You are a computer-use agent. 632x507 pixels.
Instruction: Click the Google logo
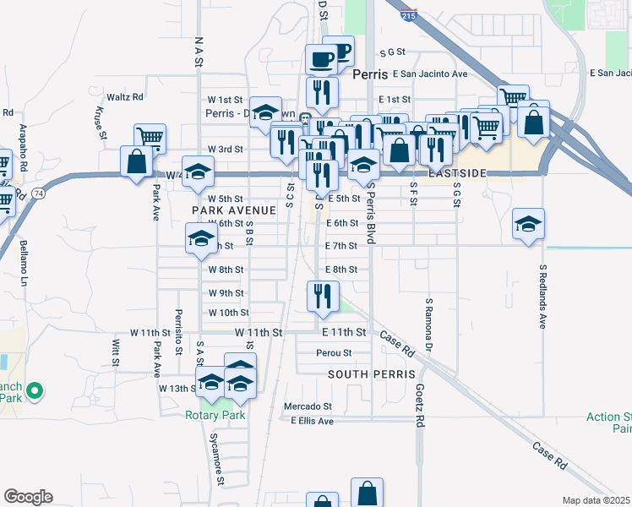click(28, 497)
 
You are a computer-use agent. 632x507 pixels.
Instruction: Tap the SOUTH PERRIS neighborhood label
click(371, 373)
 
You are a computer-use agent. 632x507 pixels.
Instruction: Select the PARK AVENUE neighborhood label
click(234, 210)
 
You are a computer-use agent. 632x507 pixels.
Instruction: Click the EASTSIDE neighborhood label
click(457, 172)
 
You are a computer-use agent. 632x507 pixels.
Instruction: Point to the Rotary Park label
click(215, 415)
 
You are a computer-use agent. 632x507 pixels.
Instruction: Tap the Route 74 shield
click(39, 194)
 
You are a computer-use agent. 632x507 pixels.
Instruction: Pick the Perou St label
click(334, 352)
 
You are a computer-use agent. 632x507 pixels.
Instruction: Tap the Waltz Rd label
click(125, 97)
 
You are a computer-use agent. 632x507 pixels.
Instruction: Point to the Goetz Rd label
click(419, 405)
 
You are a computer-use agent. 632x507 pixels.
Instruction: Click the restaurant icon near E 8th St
click(322, 295)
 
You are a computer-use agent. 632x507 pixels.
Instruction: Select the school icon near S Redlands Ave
click(528, 224)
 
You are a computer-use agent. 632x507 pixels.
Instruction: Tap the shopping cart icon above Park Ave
click(150, 137)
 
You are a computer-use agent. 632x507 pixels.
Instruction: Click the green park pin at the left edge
click(35, 390)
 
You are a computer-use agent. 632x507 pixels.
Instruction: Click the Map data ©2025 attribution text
click(596, 500)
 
